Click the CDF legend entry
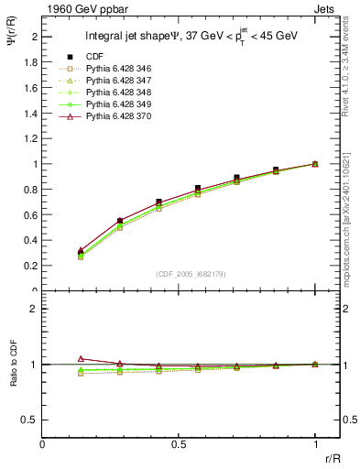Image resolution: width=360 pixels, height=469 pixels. click(x=93, y=57)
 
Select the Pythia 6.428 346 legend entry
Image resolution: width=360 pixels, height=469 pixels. click(x=115, y=69)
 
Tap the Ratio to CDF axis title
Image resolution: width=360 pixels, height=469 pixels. click(x=14, y=364)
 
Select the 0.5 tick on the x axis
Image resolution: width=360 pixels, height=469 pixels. click(x=179, y=444)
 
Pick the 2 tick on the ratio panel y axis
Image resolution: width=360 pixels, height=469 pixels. click(x=35, y=309)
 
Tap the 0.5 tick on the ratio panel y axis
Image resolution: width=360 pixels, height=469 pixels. click(x=31, y=420)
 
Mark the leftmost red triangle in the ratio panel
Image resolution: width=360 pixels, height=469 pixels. click(x=81, y=359)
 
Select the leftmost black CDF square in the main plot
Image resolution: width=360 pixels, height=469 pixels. click(x=81, y=252)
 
